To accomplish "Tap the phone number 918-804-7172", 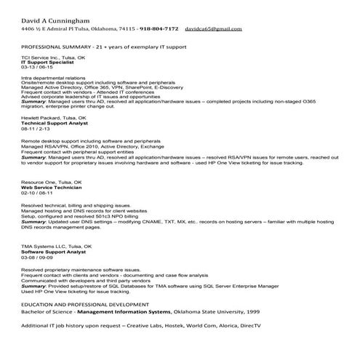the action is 159,28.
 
